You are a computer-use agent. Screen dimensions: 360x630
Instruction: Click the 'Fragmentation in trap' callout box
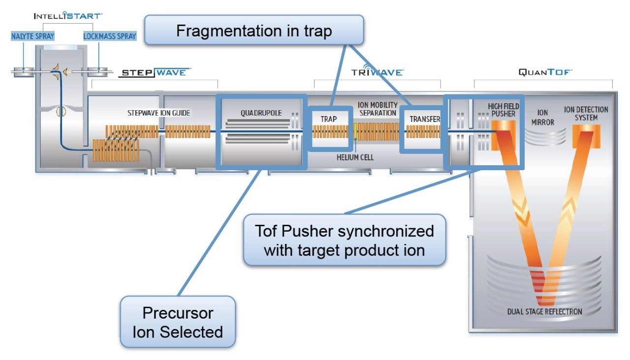(x=254, y=30)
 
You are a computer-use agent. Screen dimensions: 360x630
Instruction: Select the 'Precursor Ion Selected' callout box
(x=178, y=322)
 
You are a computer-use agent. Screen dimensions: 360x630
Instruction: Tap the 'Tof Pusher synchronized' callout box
(x=344, y=240)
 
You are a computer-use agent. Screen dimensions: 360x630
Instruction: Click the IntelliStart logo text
(x=68, y=16)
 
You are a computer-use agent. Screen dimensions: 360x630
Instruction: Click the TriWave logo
(x=377, y=72)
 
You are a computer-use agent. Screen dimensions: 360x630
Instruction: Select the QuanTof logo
(x=545, y=72)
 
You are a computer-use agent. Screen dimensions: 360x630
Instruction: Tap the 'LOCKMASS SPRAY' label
(x=110, y=36)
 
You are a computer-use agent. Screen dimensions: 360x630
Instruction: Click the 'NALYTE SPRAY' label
(x=33, y=36)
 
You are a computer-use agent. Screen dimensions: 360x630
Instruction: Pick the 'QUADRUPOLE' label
(x=261, y=113)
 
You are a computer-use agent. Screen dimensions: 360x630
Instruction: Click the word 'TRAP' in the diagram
(x=329, y=119)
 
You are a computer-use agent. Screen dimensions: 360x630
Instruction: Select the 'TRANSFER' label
(x=425, y=119)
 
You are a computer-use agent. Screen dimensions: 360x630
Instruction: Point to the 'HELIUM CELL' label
(x=355, y=157)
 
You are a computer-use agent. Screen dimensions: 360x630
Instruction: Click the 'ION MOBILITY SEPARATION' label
(x=378, y=109)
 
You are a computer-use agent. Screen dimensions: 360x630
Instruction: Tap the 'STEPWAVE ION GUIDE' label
(x=158, y=113)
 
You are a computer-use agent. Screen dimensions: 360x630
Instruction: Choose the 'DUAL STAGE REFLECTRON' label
(x=544, y=312)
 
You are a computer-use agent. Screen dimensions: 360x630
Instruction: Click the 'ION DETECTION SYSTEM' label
(x=586, y=114)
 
